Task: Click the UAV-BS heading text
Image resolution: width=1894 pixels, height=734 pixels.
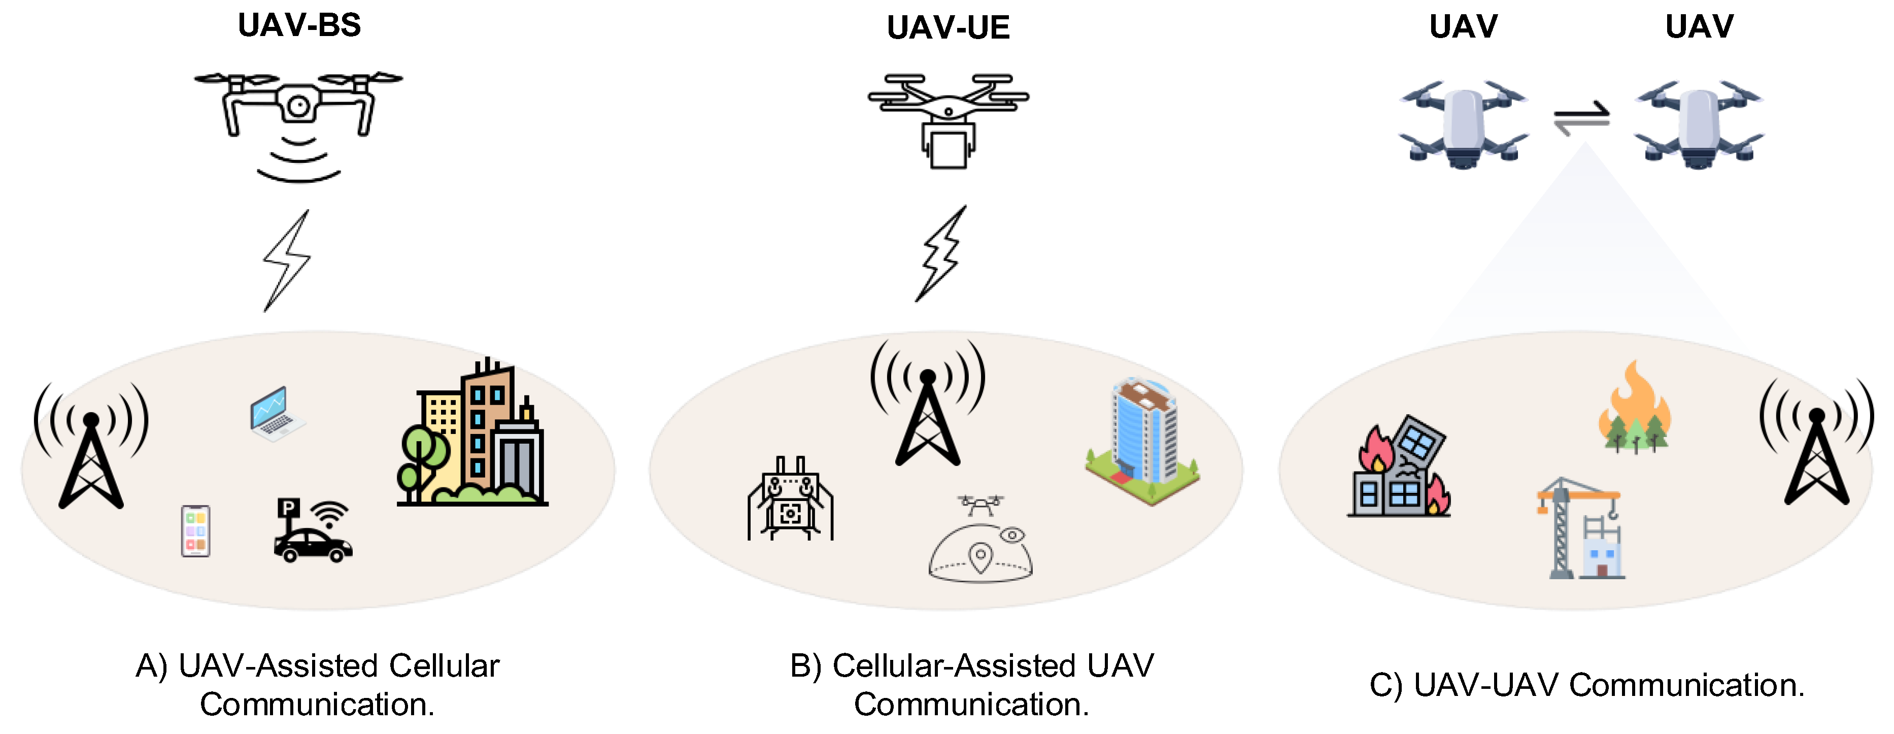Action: pyautogui.click(x=299, y=26)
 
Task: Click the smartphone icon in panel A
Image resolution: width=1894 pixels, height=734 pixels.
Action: pyautogui.click(x=195, y=530)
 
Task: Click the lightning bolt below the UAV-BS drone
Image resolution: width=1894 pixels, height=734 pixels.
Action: pyautogui.click(x=287, y=260)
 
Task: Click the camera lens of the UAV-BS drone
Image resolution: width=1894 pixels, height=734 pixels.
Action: pyautogui.click(x=298, y=107)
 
